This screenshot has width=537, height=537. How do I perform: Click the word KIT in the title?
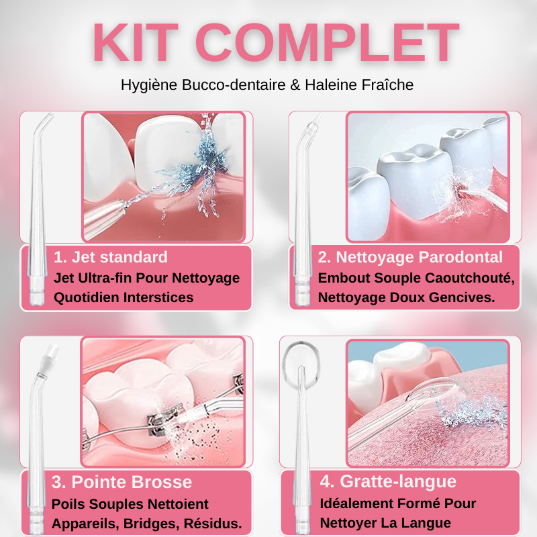pyautogui.click(x=136, y=42)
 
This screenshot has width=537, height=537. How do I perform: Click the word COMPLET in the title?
pyautogui.click(x=327, y=42)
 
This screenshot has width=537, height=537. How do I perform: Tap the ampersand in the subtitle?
pyautogui.click(x=295, y=85)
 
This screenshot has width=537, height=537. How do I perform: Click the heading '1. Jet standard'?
pyautogui.click(x=111, y=257)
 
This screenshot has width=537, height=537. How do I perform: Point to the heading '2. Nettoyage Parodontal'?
pyautogui.click(x=410, y=257)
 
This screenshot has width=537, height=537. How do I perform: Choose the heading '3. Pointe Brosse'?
pyautogui.click(x=121, y=482)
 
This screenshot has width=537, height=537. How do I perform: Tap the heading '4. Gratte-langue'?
pyautogui.click(x=388, y=481)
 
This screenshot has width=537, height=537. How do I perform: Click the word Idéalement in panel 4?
pyautogui.click(x=358, y=503)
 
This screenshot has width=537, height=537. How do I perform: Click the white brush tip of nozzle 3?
pyautogui.click(x=51, y=352)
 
